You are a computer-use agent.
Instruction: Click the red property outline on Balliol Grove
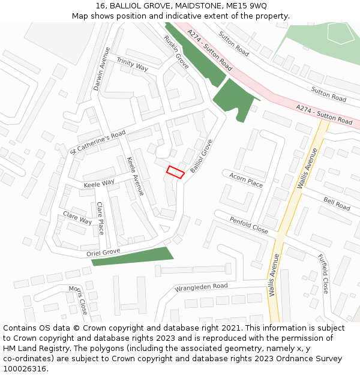[175, 172]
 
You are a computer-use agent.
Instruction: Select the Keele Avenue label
[135, 176]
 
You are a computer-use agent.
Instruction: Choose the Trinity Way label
[132, 64]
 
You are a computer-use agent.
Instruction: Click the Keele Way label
[99, 182]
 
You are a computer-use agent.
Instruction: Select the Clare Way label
[77, 217]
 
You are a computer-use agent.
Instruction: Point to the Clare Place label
[100, 218]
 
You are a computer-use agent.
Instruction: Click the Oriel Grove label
[103, 252]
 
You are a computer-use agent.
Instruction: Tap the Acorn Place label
[246, 179]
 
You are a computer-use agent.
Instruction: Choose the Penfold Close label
[248, 225]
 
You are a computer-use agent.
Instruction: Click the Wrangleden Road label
[202, 287]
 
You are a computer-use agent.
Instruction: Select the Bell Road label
[337, 203]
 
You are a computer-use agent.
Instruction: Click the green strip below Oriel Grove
[132, 256]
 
